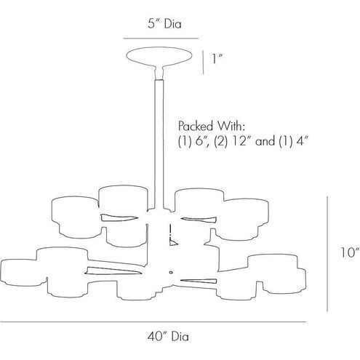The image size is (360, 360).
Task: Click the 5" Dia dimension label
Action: coord(164,24)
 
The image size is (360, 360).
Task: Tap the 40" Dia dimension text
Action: coord(168,337)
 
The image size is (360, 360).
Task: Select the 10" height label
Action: coord(349,252)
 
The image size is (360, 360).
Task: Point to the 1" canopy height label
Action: coord(217,58)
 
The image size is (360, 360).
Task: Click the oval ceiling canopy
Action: coord(159,56)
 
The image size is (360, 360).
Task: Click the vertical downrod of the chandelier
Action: coord(159,144)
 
